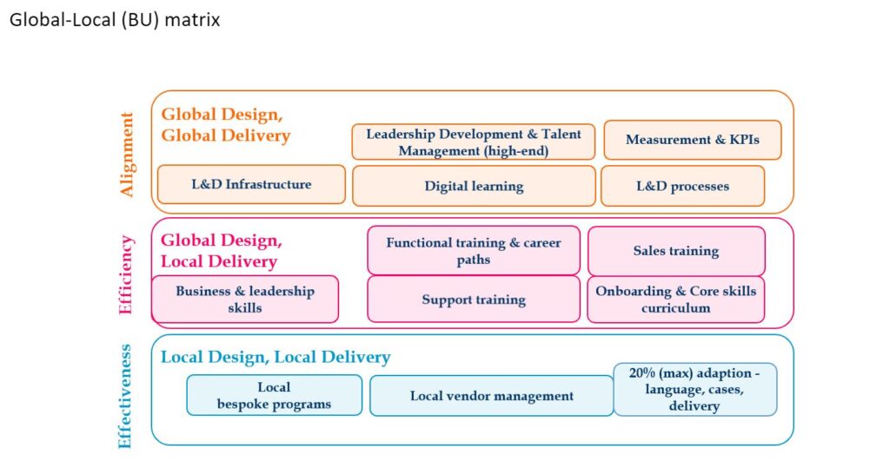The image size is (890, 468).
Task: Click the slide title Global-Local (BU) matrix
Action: (115, 21)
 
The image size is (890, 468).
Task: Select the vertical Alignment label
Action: (127, 155)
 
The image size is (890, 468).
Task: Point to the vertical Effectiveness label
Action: (125, 396)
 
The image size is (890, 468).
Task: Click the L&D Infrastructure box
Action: (251, 184)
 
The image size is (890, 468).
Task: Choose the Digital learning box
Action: (474, 186)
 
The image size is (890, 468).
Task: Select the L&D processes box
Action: (683, 186)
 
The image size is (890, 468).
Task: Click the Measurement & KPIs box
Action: (693, 140)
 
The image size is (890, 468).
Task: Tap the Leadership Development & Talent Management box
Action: (474, 142)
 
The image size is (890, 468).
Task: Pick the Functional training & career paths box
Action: (474, 251)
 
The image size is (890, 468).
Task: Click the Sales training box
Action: (676, 251)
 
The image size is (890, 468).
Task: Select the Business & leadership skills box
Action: (245, 299)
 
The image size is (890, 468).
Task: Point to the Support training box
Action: (474, 300)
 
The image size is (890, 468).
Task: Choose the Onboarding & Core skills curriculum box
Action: (676, 299)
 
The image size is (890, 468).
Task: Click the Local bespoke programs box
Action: (274, 395)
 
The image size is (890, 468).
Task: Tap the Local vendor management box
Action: (492, 396)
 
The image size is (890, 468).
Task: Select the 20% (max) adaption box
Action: (694, 389)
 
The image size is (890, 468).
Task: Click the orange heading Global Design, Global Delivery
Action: (226, 125)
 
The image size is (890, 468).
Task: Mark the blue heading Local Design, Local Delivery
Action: (276, 357)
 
